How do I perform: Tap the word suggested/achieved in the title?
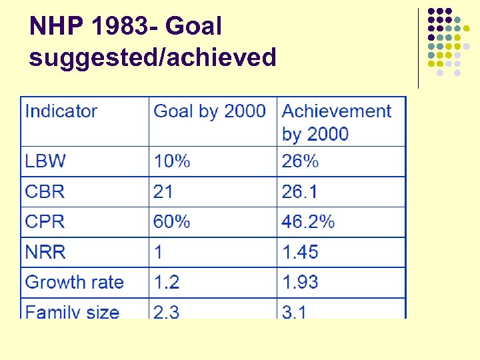click(152, 58)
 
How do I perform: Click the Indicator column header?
click(61, 111)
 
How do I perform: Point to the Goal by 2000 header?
click(209, 111)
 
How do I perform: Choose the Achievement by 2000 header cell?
click(337, 122)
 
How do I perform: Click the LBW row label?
click(45, 161)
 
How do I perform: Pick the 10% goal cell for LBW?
click(171, 161)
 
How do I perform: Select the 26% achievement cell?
click(300, 161)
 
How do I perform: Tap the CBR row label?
click(45, 192)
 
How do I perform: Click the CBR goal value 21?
click(163, 192)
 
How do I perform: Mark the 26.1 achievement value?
click(301, 192)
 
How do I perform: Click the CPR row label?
click(45, 222)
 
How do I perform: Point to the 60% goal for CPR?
click(171, 222)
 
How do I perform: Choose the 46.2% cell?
click(308, 222)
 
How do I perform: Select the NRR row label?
click(45, 253)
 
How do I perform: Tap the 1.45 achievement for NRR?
click(301, 253)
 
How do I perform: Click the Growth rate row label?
click(75, 283)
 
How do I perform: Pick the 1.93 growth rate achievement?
click(301, 283)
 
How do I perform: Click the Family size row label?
click(72, 311)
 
